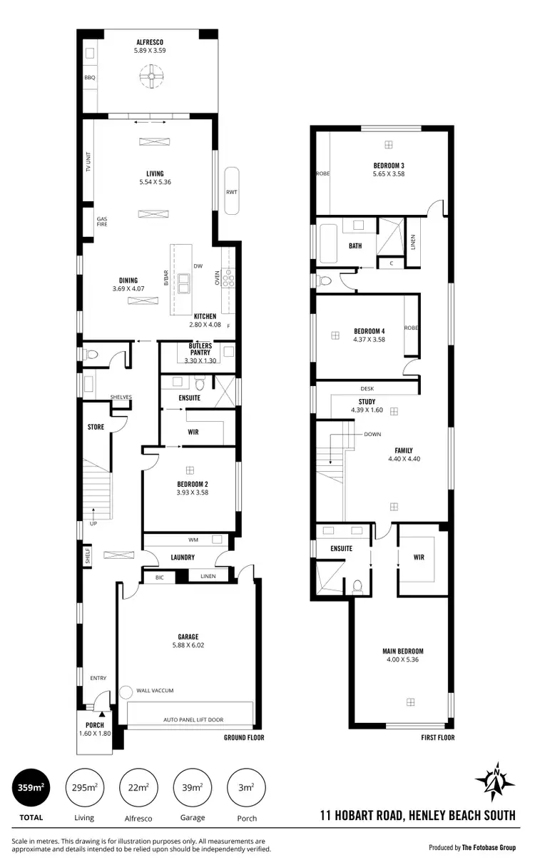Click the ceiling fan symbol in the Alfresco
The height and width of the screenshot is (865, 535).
(151, 76)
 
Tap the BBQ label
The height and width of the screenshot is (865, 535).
(89, 77)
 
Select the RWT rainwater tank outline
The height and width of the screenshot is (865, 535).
(232, 191)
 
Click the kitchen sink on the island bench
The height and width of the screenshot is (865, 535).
(184, 283)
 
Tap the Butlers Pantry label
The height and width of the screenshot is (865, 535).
(200, 349)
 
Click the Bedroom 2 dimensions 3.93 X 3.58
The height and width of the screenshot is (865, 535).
(192, 492)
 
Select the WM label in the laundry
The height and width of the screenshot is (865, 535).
(193, 540)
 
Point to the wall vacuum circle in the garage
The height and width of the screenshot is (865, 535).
(126, 691)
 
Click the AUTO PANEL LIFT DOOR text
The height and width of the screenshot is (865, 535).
(193, 719)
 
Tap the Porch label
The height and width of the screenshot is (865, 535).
(95, 725)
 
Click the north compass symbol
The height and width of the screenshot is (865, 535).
(494, 779)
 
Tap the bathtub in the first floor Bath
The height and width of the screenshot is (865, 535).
(329, 246)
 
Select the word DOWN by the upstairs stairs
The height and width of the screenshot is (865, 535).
(372, 434)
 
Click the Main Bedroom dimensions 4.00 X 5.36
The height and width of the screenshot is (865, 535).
(403, 659)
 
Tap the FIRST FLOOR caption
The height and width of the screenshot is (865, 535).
(437, 738)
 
